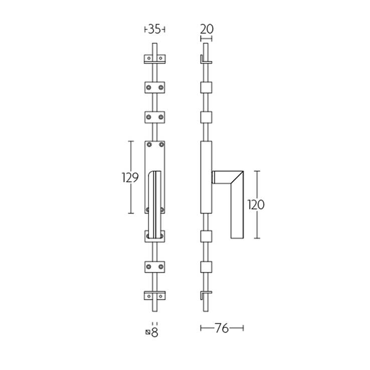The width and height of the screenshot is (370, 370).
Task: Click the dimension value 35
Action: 154,30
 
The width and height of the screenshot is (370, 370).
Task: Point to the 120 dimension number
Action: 255,205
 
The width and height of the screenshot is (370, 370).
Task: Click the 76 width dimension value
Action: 222,328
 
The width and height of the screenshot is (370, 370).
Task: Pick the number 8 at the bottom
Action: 155,332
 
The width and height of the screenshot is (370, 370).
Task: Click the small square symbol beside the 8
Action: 148,332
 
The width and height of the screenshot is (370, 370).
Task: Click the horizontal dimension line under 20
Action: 206,38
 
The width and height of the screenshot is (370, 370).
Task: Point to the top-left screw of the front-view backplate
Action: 148,145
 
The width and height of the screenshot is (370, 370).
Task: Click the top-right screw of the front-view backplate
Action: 161,145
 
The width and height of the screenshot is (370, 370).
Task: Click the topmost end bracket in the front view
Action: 154,59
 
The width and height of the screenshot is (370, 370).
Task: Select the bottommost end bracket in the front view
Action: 154,296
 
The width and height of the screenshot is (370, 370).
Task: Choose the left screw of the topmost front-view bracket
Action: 148,59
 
